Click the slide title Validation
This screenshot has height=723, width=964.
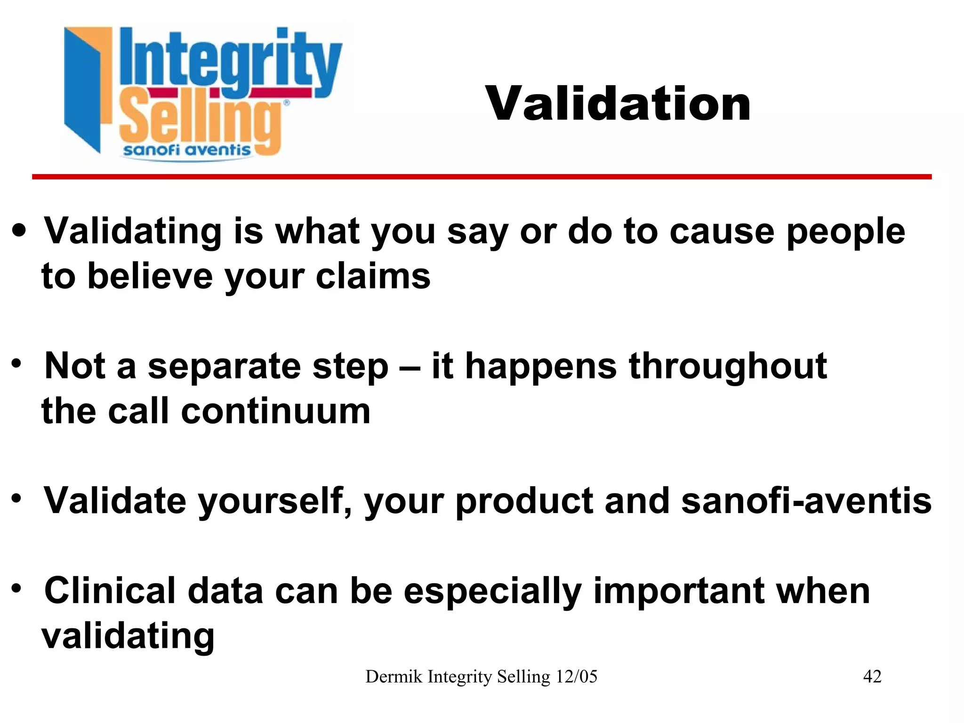[x=618, y=104]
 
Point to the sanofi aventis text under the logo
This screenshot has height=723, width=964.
[x=187, y=150]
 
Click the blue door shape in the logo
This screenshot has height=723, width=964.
[x=82, y=89]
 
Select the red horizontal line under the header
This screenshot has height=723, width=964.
[x=482, y=177]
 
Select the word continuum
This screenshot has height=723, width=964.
[x=276, y=411]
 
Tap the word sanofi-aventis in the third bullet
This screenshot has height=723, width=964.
[x=806, y=501]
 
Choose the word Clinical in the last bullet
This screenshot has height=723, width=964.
[x=110, y=591]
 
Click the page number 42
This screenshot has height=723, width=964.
[x=872, y=676]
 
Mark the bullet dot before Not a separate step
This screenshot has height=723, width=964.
[x=17, y=364]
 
